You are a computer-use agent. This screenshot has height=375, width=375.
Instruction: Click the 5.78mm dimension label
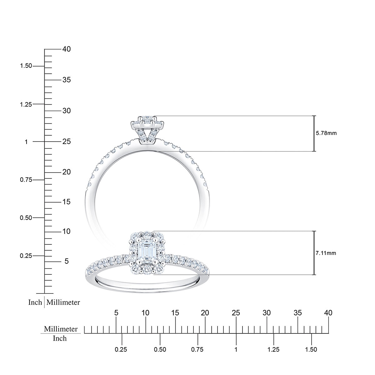click(326, 133)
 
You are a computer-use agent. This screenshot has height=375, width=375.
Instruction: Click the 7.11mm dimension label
click(326, 253)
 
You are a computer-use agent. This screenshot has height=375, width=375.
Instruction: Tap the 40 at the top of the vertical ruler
click(66, 49)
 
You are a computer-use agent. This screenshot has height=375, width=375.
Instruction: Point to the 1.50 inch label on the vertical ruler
click(26, 66)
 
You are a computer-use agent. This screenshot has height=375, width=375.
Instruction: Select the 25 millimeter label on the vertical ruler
click(66, 142)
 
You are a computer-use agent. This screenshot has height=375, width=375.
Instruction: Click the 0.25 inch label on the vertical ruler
click(26, 256)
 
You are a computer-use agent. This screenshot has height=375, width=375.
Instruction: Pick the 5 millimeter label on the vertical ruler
click(66, 261)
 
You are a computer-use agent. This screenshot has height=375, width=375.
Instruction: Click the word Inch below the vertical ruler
click(35, 302)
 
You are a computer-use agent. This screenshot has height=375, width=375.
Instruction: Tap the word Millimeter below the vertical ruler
click(63, 302)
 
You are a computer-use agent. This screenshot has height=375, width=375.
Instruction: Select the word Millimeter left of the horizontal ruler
click(61, 329)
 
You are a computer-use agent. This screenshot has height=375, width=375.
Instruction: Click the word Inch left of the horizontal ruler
click(60, 338)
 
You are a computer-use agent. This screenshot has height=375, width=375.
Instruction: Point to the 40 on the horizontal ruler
click(328, 313)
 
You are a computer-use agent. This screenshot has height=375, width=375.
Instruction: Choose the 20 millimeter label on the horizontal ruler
click(205, 313)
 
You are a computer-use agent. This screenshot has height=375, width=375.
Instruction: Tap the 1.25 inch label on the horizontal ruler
click(273, 349)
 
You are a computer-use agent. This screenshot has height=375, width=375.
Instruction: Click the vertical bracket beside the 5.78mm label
click(314, 133)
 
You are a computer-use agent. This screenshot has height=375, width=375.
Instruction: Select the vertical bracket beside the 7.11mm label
click(314, 253)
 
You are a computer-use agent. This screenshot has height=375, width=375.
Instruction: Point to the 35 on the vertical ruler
click(66, 80)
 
